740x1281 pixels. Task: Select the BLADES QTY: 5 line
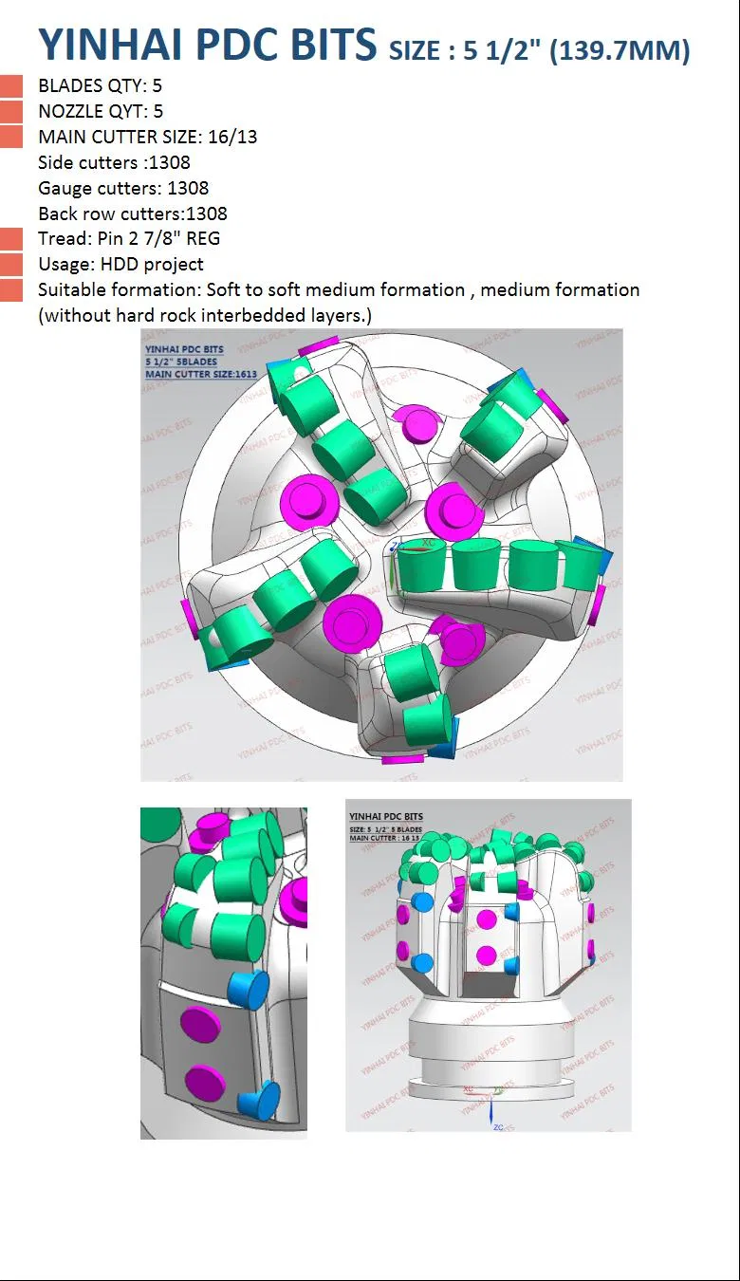tap(100, 85)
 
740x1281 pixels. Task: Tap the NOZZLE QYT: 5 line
tap(101, 111)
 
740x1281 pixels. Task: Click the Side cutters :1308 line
tap(114, 162)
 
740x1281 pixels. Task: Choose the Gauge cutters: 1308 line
tap(123, 188)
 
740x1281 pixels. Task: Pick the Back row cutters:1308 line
tap(133, 213)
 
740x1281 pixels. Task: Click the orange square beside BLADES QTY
tap(11, 86)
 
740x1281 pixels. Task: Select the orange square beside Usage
tap(11, 265)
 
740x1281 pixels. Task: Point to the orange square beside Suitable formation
tap(11, 290)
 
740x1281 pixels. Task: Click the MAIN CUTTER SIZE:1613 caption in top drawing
tap(187, 374)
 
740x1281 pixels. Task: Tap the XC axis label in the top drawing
tap(428, 543)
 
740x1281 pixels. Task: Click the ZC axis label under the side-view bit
tap(498, 1126)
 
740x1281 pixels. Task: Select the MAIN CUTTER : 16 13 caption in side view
tap(385, 838)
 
